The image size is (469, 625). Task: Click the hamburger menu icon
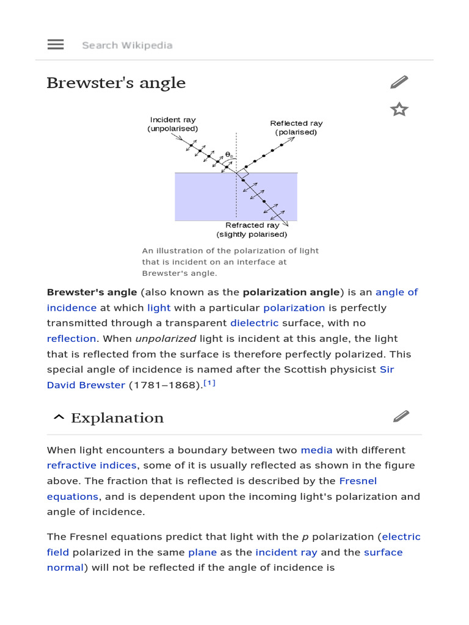coord(56,45)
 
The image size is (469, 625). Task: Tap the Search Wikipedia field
coord(127,45)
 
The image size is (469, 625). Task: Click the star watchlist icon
coord(399,110)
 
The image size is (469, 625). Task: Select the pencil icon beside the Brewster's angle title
coord(399,82)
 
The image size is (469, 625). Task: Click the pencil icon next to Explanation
coord(401,417)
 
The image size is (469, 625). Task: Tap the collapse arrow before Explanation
coord(59,418)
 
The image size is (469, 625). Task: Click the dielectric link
coord(254,323)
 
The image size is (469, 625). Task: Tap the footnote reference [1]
coord(209,383)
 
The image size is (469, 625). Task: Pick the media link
coord(316,450)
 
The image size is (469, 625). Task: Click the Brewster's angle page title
coord(116,83)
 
